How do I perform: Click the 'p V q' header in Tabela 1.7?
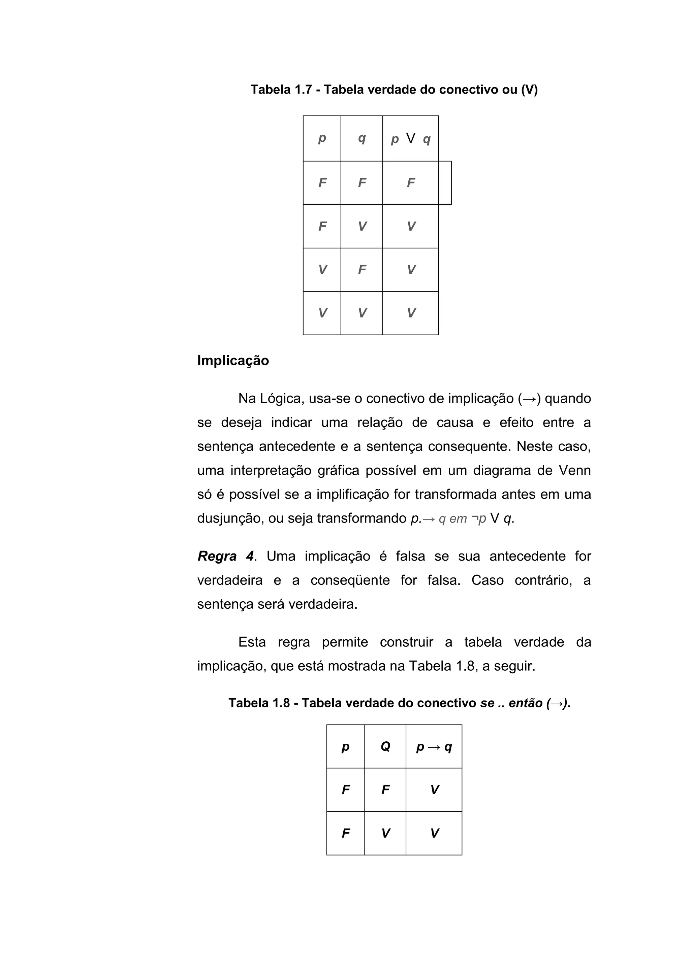coord(410,139)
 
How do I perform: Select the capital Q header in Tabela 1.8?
coord(385,746)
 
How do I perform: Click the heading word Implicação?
coord(233,361)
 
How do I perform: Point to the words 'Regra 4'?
coord(226,556)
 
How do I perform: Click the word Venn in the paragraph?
coord(574,471)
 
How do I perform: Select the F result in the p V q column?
coord(410,183)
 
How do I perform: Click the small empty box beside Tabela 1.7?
coord(445,183)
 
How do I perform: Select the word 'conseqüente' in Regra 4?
coord(350,580)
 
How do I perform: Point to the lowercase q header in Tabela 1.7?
coord(362,138)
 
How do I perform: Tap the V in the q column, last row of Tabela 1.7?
coord(362,313)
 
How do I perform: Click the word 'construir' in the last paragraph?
coord(406,642)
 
